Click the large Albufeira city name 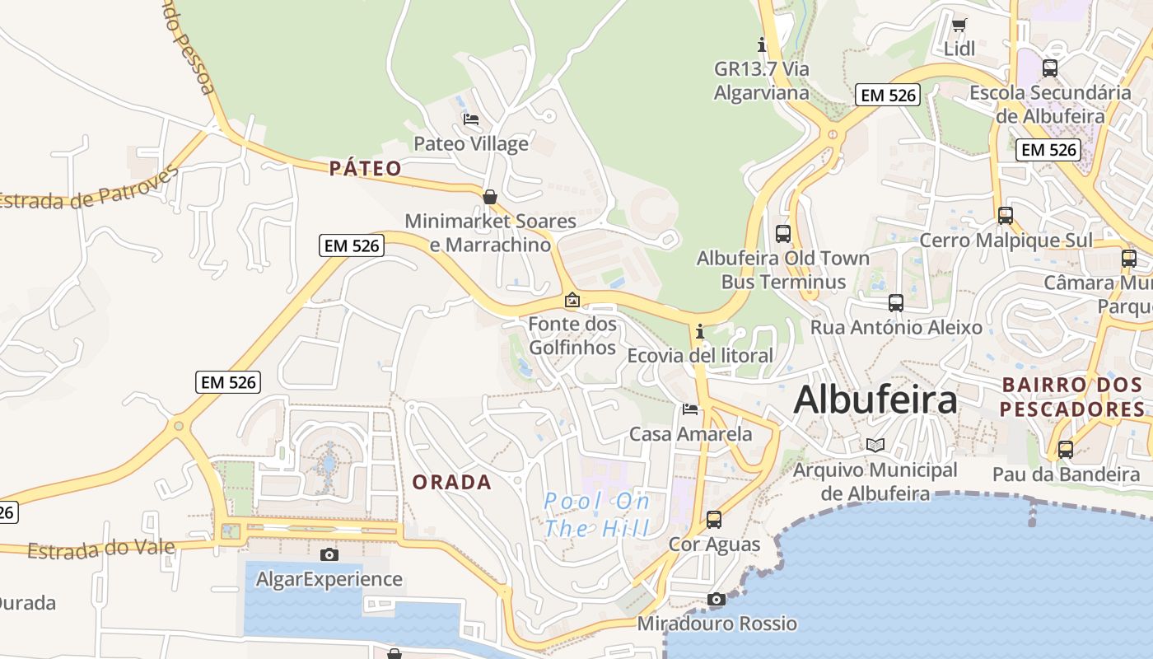click(x=875, y=400)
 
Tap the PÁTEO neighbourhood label click(x=366, y=169)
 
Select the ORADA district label click(x=451, y=483)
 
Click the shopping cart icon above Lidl click(x=959, y=25)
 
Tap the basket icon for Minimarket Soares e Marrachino click(x=490, y=197)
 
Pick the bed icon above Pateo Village click(x=471, y=119)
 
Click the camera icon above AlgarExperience click(x=329, y=554)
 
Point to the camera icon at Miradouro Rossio click(x=717, y=599)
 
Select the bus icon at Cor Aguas click(x=714, y=520)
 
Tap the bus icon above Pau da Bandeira click(x=1066, y=450)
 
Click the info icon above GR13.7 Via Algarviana click(x=762, y=44)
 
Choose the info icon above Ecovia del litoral click(x=700, y=331)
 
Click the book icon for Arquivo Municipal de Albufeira click(x=875, y=445)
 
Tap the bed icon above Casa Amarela click(x=690, y=409)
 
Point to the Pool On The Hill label click(x=597, y=514)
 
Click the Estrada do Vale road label click(x=101, y=549)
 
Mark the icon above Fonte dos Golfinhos click(x=572, y=300)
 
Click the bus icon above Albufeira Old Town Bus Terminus click(x=782, y=233)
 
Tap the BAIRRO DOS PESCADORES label click(x=1071, y=397)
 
